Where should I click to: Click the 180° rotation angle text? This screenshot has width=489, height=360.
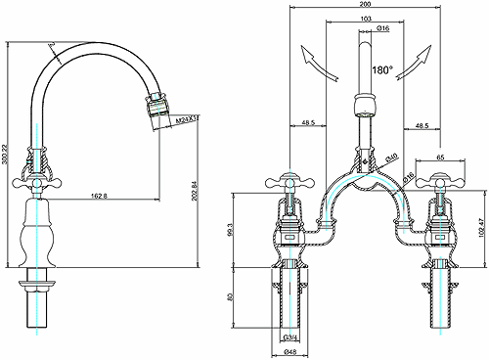tap(382, 70)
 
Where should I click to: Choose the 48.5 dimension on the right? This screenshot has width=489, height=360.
tap(422, 125)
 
